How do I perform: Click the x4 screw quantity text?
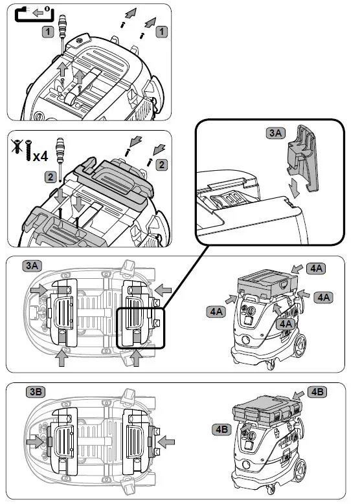(41, 156)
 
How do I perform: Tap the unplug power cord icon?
(34, 14)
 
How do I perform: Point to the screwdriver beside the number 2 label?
(60, 159)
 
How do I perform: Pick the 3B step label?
(35, 392)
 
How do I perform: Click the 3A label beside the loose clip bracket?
(275, 133)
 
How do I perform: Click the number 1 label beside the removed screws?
(161, 32)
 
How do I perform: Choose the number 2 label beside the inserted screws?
(161, 165)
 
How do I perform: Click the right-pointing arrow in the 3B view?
(35, 442)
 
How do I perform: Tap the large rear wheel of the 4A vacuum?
(300, 345)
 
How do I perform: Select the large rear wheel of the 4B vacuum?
(300, 472)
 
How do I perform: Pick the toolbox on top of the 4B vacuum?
(267, 410)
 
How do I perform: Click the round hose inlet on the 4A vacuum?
(247, 340)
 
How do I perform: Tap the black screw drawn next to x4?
(28, 150)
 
